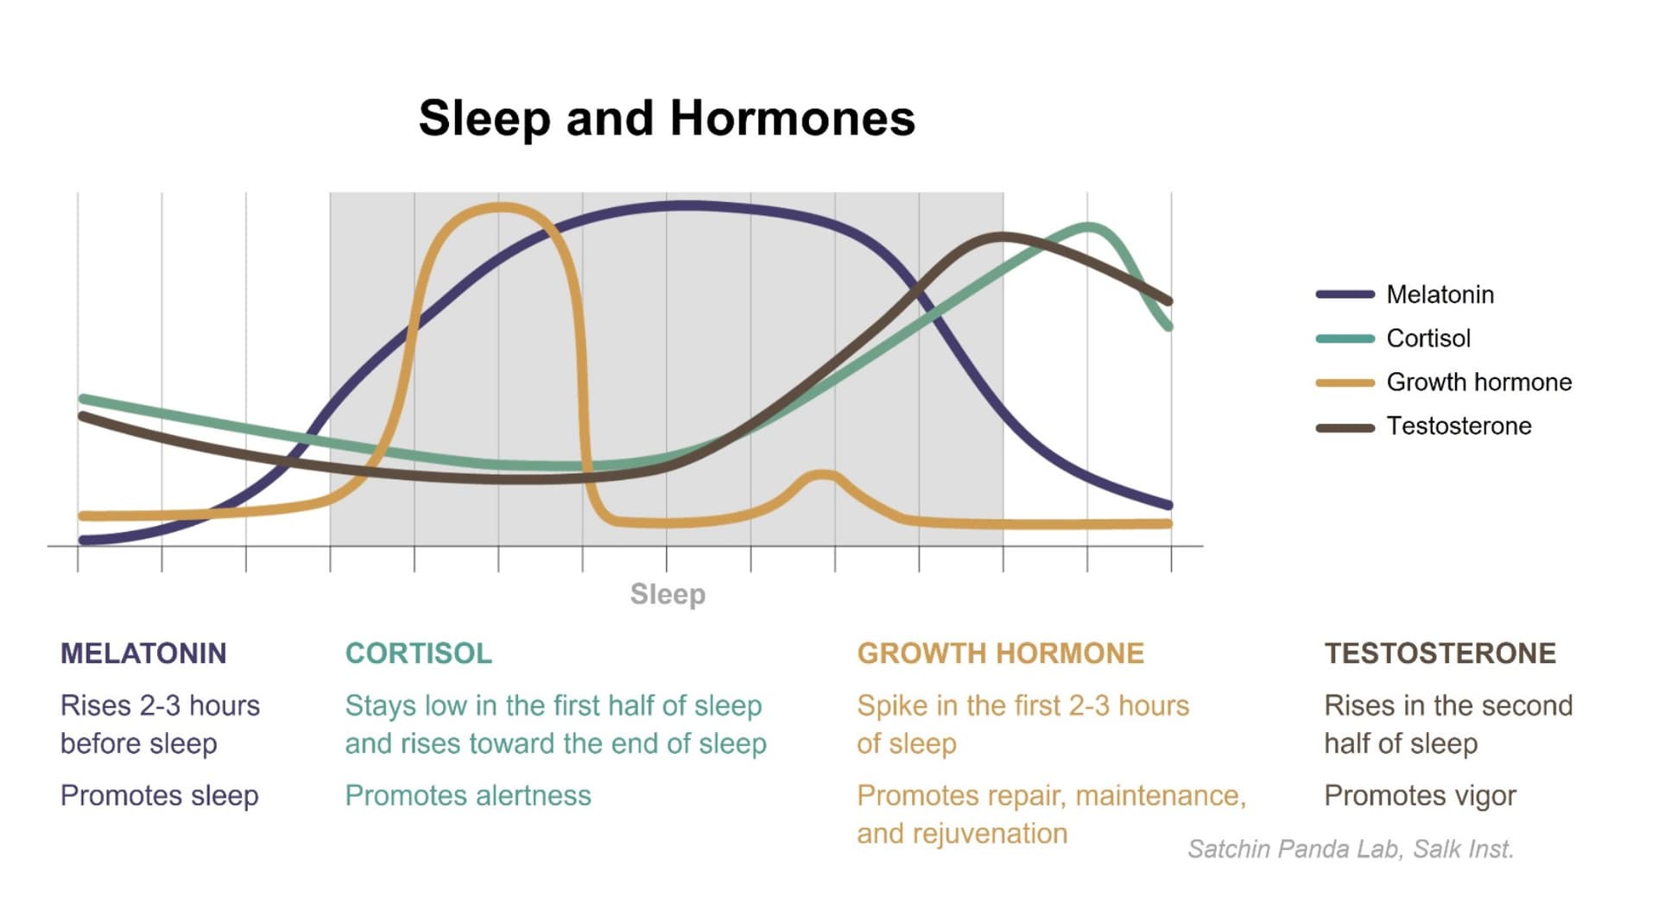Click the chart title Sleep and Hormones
click(667, 118)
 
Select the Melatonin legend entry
click(1404, 294)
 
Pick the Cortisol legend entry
click(1393, 338)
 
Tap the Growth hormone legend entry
click(1443, 382)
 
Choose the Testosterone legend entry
click(1423, 426)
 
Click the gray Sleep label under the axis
click(668, 595)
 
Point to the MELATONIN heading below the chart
click(143, 653)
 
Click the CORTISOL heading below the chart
click(419, 653)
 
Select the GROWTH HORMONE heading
click(1000, 653)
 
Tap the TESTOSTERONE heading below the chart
click(1440, 653)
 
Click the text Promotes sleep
click(160, 796)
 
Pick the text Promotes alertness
click(468, 796)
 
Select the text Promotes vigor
click(1420, 796)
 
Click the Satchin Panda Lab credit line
click(1351, 849)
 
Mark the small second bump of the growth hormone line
click(824, 475)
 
